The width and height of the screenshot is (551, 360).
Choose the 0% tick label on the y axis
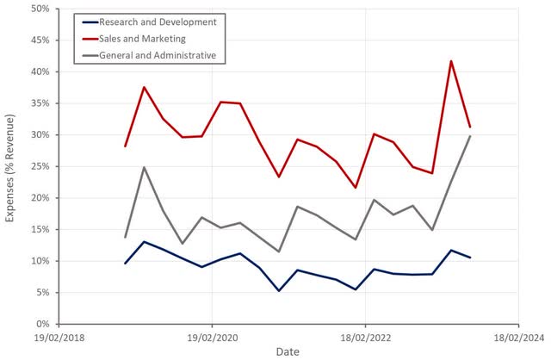point(40,324)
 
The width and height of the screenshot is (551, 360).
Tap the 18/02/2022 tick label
point(365,337)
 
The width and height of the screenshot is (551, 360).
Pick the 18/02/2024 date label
point(517,337)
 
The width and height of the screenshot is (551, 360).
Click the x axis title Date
point(288,351)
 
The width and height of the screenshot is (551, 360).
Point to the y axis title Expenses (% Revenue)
point(10,166)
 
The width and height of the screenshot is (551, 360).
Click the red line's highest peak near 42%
point(451,61)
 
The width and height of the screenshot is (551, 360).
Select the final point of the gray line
point(470,136)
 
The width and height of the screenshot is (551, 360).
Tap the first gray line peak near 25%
point(145,167)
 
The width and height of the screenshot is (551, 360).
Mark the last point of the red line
point(470,127)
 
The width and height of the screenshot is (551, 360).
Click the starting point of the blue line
point(126,263)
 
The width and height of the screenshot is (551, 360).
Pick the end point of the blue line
point(470,258)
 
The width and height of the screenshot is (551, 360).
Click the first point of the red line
point(126,146)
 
